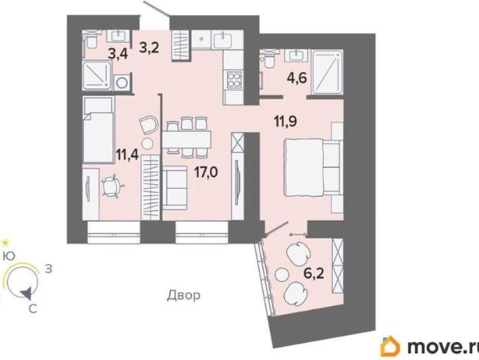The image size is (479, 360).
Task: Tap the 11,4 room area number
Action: tap(127, 154)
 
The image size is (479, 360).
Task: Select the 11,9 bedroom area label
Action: tap(286, 121)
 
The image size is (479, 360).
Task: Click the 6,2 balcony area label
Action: tap(314, 274)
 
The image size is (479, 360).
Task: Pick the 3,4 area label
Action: tap(118, 55)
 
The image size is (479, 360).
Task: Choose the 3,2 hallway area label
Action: tap(148, 48)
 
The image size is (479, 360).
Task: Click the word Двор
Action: tap(184, 295)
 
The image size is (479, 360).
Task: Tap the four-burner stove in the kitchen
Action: tap(234, 79)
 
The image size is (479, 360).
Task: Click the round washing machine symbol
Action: tap(122, 82)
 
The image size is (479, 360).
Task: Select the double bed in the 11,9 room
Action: tap(313, 167)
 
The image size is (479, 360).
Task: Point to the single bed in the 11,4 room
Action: tap(98, 130)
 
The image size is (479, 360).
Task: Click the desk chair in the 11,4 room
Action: tap(112, 186)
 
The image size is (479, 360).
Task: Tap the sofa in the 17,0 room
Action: tap(175, 187)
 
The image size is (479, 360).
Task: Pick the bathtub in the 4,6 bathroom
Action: tap(327, 72)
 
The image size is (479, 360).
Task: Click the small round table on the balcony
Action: tap(282, 274)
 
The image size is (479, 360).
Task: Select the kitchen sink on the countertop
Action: tap(223, 40)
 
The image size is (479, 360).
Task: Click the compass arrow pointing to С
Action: tap(25, 294)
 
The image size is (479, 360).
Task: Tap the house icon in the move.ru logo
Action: tap(390, 346)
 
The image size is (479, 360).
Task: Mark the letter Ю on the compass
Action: tap(8, 256)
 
